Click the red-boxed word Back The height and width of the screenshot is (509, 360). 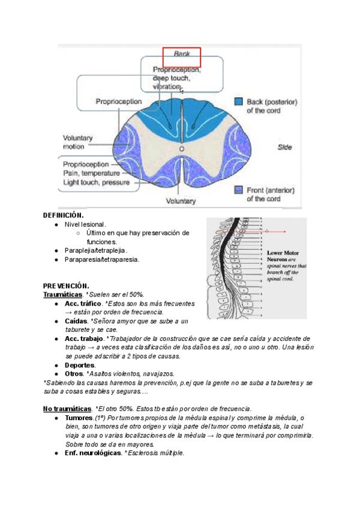pyautogui.click(x=182, y=54)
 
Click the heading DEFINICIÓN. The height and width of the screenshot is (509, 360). pyautogui.click(x=63, y=215)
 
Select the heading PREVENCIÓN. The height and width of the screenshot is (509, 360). pyautogui.click(x=65, y=286)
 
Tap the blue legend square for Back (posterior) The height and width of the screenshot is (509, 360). pyautogui.click(x=238, y=102)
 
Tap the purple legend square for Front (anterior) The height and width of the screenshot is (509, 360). pyautogui.click(x=238, y=190)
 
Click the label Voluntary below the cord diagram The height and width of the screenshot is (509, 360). pyautogui.click(x=181, y=201)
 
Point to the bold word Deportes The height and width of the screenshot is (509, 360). pyautogui.click(x=80, y=365)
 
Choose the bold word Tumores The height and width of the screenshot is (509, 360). pyautogui.click(x=79, y=418)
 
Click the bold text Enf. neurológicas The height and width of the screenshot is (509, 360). pyautogui.click(x=93, y=453)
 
